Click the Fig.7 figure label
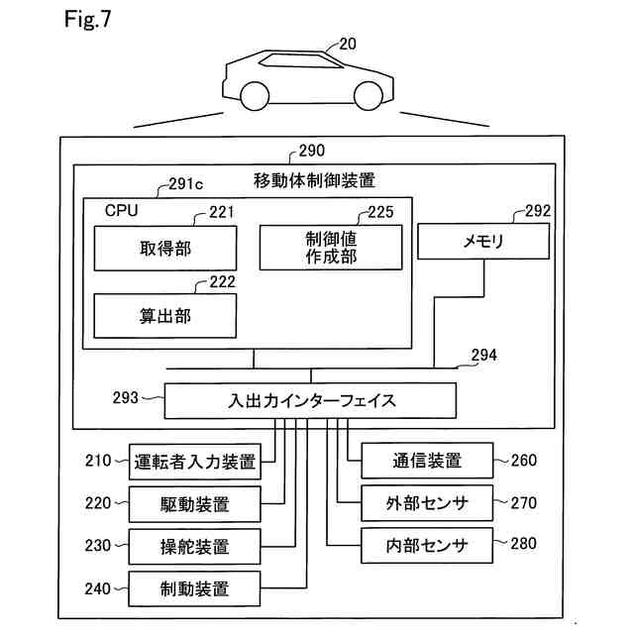pyautogui.click(x=87, y=19)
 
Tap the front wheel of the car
pyautogui.click(x=369, y=96)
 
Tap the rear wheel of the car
pyautogui.click(x=255, y=96)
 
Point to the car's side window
pyautogui.click(x=301, y=60)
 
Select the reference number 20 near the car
pyautogui.click(x=348, y=44)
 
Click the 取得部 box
pyautogui.click(x=165, y=248)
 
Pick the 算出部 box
pyautogui.click(x=165, y=316)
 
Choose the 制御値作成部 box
pyautogui.click(x=331, y=248)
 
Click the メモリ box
pyautogui.click(x=483, y=241)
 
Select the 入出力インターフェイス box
pyautogui.click(x=310, y=400)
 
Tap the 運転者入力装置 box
pyautogui.click(x=195, y=462)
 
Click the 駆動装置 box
pyautogui.click(x=195, y=504)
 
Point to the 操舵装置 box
pyautogui.click(x=194, y=547)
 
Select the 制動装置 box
pyautogui.click(x=194, y=588)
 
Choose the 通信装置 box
pyautogui.click(x=427, y=461)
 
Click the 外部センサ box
pyautogui.click(x=427, y=503)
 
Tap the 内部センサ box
pyautogui.click(x=427, y=546)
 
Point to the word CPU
pyautogui.click(x=121, y=210)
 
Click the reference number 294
pyautogui.click(x=484, y=355)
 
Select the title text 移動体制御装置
pyautogui.click(x=314, y=180)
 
